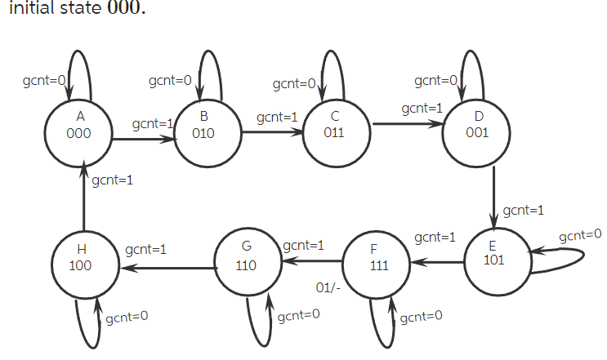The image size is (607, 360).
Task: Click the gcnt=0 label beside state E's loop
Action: coord(580,235)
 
